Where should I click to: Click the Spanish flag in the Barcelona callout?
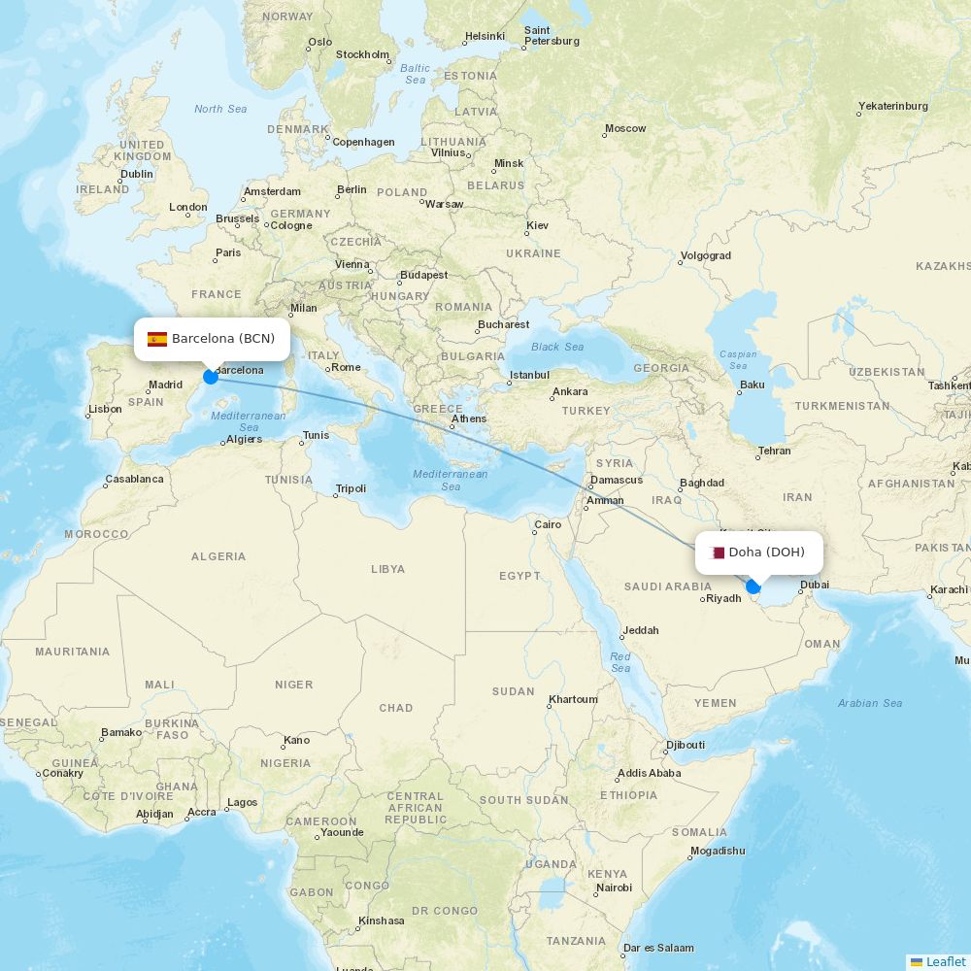click(157, 339)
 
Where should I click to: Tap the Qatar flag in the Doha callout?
click(718, 552)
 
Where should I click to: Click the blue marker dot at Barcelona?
click(211, 376)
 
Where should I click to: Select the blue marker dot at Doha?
click(753, 586)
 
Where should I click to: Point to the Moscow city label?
click(625, 128)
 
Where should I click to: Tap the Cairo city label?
click(548, 524)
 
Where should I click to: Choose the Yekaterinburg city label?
click(892, 106)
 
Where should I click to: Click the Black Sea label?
click(557, 347)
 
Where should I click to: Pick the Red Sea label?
click(620, 662)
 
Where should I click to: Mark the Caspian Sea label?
click(738, 360)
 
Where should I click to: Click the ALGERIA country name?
click(218, 556)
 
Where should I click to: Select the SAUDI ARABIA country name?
click(668, 586)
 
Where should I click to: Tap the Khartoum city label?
click(573, 699)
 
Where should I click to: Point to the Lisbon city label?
click(105, 409)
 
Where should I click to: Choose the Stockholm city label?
click(362, 54)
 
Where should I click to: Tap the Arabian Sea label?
click(870, 703)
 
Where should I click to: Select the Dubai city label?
click(814, 585)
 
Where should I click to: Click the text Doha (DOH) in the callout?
click(766, 552)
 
